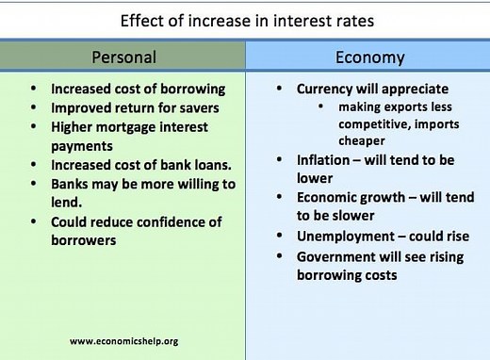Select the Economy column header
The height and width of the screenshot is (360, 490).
click(x=369, y=57)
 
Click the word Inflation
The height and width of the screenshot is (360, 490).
click(x=323, y=159)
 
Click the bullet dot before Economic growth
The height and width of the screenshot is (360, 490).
click(x=281, y=198)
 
